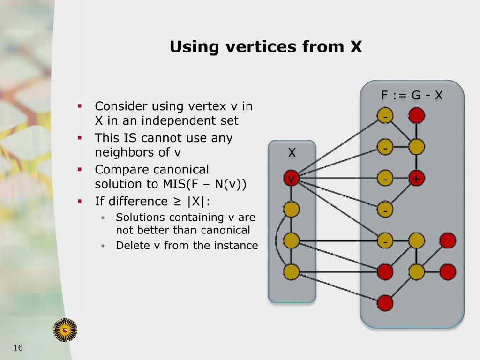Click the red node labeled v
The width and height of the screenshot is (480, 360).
tap(291, 179)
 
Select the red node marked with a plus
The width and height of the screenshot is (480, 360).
tap(416, 179)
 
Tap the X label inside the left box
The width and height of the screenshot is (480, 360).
tap(292, 152)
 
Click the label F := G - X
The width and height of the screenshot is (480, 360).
tap(412, 96)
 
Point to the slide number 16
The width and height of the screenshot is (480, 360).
tap(18, 347)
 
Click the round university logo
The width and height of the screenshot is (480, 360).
tap(65, 330)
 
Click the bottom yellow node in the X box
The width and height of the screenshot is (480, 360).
tap(291, 271)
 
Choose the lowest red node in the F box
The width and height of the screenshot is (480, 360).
tap(385, 303)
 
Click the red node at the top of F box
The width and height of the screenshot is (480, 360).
tap(416, 115)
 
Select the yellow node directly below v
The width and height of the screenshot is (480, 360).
tap(291, 210)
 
